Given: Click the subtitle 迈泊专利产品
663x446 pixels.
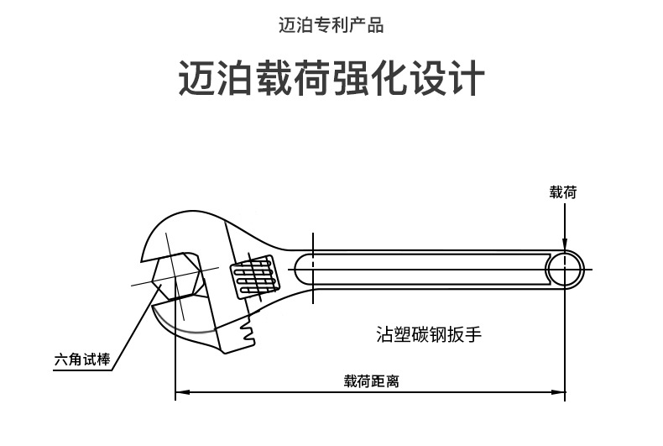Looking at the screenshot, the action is coord(331,25).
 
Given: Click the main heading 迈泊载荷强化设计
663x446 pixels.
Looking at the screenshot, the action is coord(331,78).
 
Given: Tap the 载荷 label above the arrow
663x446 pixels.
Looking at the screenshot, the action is coord(563,192).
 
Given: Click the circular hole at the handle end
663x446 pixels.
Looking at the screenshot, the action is coord(565,270).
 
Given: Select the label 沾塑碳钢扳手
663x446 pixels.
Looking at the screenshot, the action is coord(429,333).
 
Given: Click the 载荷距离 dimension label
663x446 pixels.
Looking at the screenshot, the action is coord(371,381).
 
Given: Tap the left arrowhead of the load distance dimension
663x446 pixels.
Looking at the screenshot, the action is coord(182,392).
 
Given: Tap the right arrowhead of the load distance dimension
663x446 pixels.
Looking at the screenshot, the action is coord(558,392).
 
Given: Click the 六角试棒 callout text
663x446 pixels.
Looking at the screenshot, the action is coord(82,359).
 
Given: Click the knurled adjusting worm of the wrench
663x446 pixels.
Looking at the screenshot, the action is coord(254,275).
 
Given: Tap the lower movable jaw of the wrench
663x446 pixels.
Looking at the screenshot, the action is coord(186,322).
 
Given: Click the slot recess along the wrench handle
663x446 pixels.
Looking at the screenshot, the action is coord(423,270).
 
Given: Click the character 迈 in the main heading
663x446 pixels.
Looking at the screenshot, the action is coord(196,78).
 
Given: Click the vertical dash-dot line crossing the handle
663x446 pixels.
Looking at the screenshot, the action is coord(313,268).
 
